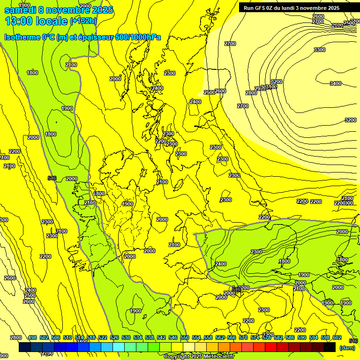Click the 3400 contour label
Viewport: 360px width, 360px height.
click(336, 83)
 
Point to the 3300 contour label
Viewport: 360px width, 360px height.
click(320, 50)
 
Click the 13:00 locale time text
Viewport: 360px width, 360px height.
click(36, 21)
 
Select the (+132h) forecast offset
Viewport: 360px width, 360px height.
click(84, 21)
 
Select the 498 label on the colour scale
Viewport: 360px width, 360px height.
click(32, 337)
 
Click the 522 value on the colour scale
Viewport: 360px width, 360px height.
click(103, 337)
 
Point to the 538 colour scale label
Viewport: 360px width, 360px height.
click(150, 337)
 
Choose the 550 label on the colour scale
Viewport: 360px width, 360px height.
click(185, 337)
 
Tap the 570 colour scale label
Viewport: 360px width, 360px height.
click(243, 337)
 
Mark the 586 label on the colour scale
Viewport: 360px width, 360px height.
click(290, 337)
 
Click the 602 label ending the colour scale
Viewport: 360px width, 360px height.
click(337, 337)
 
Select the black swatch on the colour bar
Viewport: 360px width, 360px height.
click(330, 347)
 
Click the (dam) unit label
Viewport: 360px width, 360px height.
click(347, 348)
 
